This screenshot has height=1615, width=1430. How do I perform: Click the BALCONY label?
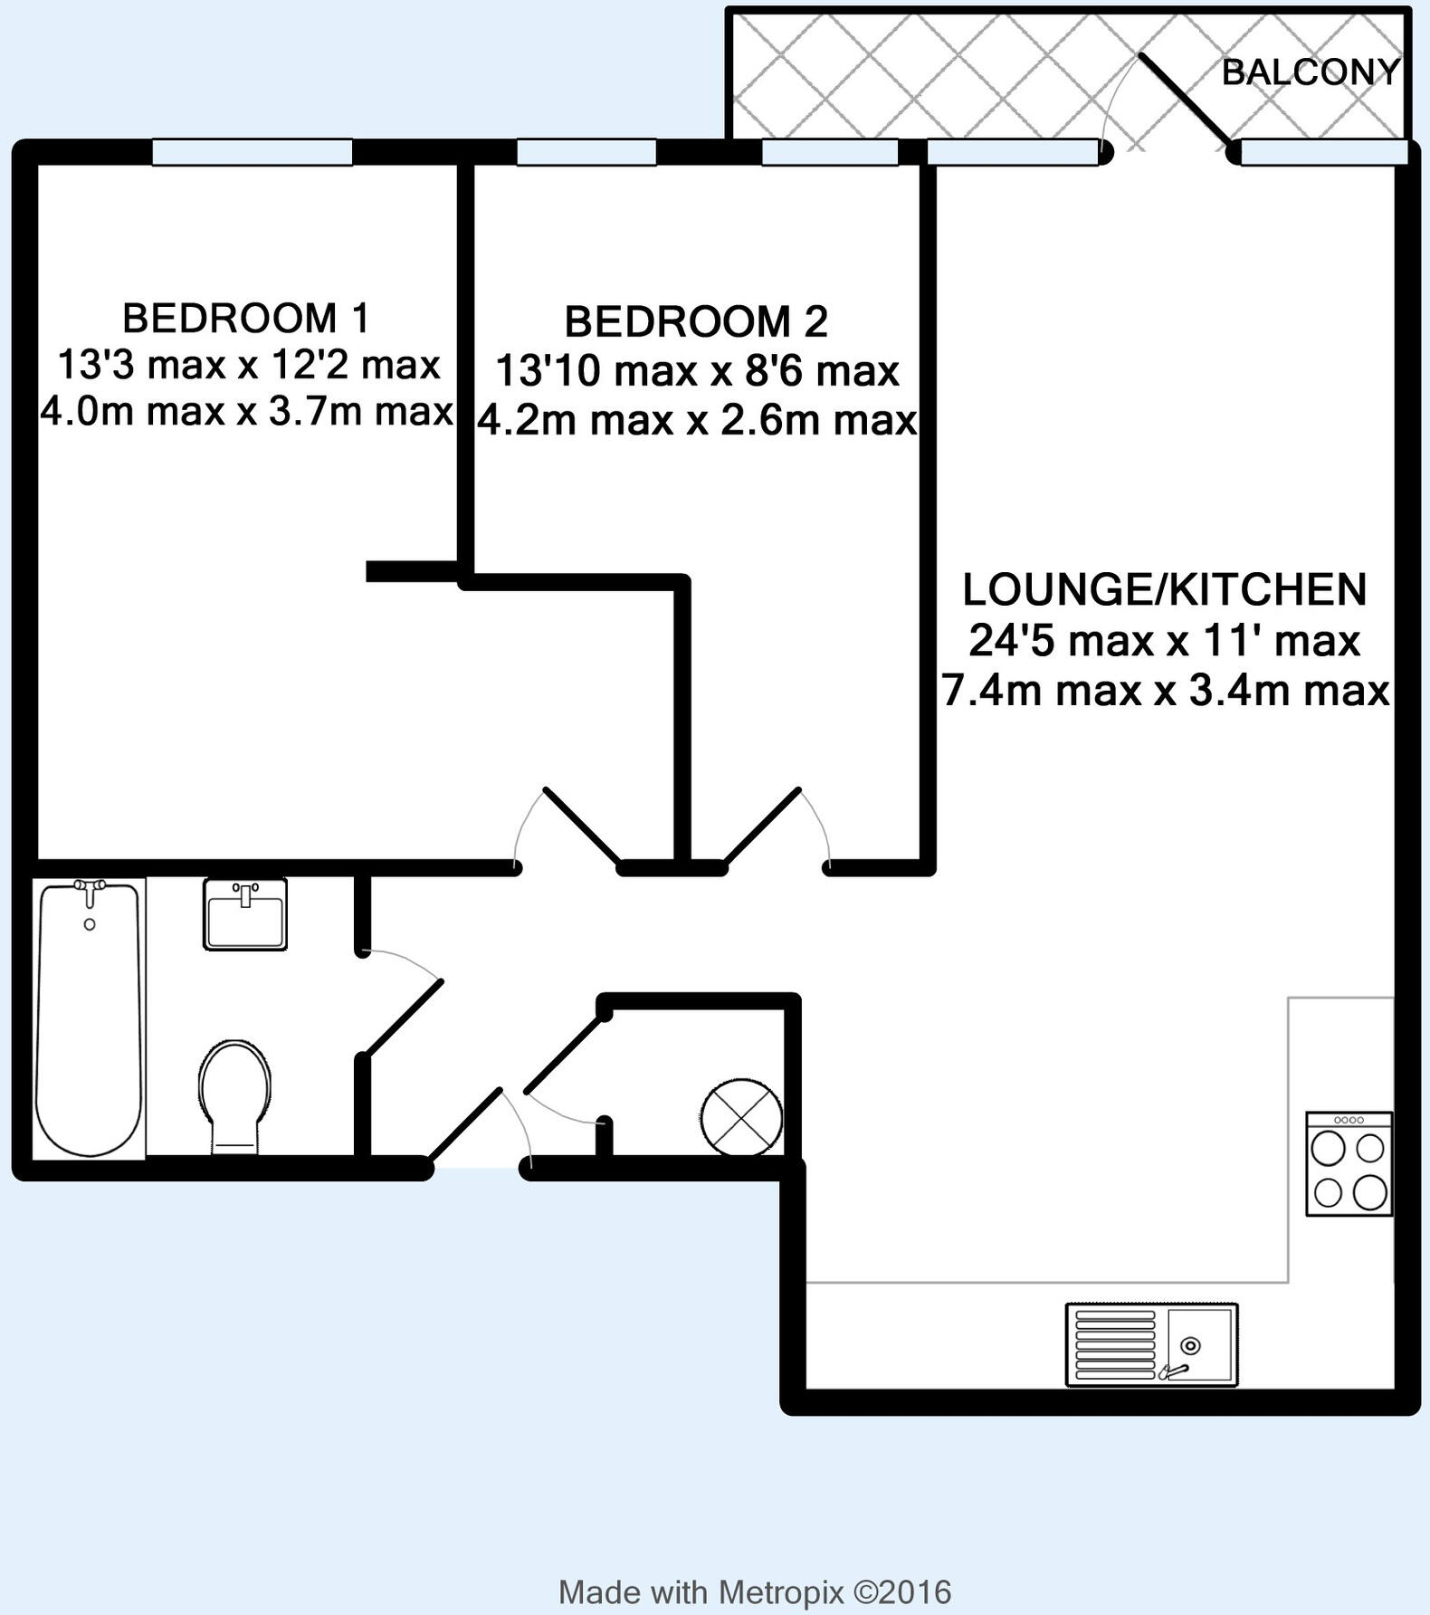click(1310, 72)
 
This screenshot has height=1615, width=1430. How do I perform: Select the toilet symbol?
click(234, 1096)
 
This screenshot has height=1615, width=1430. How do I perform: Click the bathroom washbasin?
click(245, 914)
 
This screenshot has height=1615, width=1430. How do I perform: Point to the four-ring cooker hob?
click(1349, 1164)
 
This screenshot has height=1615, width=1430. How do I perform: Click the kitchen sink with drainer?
click(1151, 1344)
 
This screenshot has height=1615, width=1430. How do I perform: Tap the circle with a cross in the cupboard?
click(742, 1117)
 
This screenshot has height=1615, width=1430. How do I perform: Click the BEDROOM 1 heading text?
click(246, 319)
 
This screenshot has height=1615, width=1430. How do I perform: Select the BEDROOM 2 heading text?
click(696, 322)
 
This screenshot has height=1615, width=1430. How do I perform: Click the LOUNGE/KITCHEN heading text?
click(1164, 590)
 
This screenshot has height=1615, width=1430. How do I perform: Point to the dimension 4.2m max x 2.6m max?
click(697, 421)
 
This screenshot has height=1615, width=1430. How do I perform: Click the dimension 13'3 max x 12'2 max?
click(249, 366)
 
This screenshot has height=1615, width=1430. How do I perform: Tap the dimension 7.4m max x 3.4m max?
click(1166, 692)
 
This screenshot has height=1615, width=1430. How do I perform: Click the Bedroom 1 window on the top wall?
click(252, 152)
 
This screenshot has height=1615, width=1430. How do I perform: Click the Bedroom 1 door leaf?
click(582, 826)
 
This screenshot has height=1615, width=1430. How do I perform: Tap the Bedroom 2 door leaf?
click(762, 826)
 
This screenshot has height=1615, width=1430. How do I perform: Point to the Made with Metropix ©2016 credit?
click(755, 1591)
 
